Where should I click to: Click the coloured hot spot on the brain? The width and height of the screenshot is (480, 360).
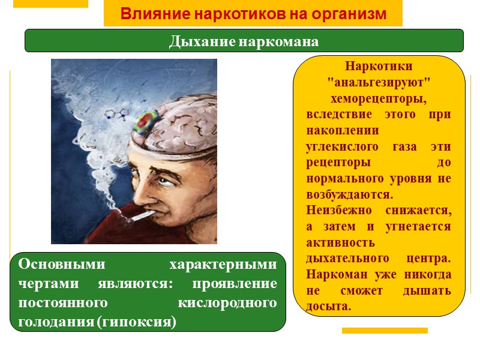[x=145, y=122]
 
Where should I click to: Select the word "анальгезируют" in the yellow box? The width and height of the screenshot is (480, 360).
[x=379, y=82]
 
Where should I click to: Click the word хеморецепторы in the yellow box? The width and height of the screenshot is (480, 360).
[x=379, y=98]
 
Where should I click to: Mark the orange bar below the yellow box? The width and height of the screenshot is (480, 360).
[x=385, y=331]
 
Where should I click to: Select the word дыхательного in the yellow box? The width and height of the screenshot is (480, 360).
[x=344, y=259]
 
